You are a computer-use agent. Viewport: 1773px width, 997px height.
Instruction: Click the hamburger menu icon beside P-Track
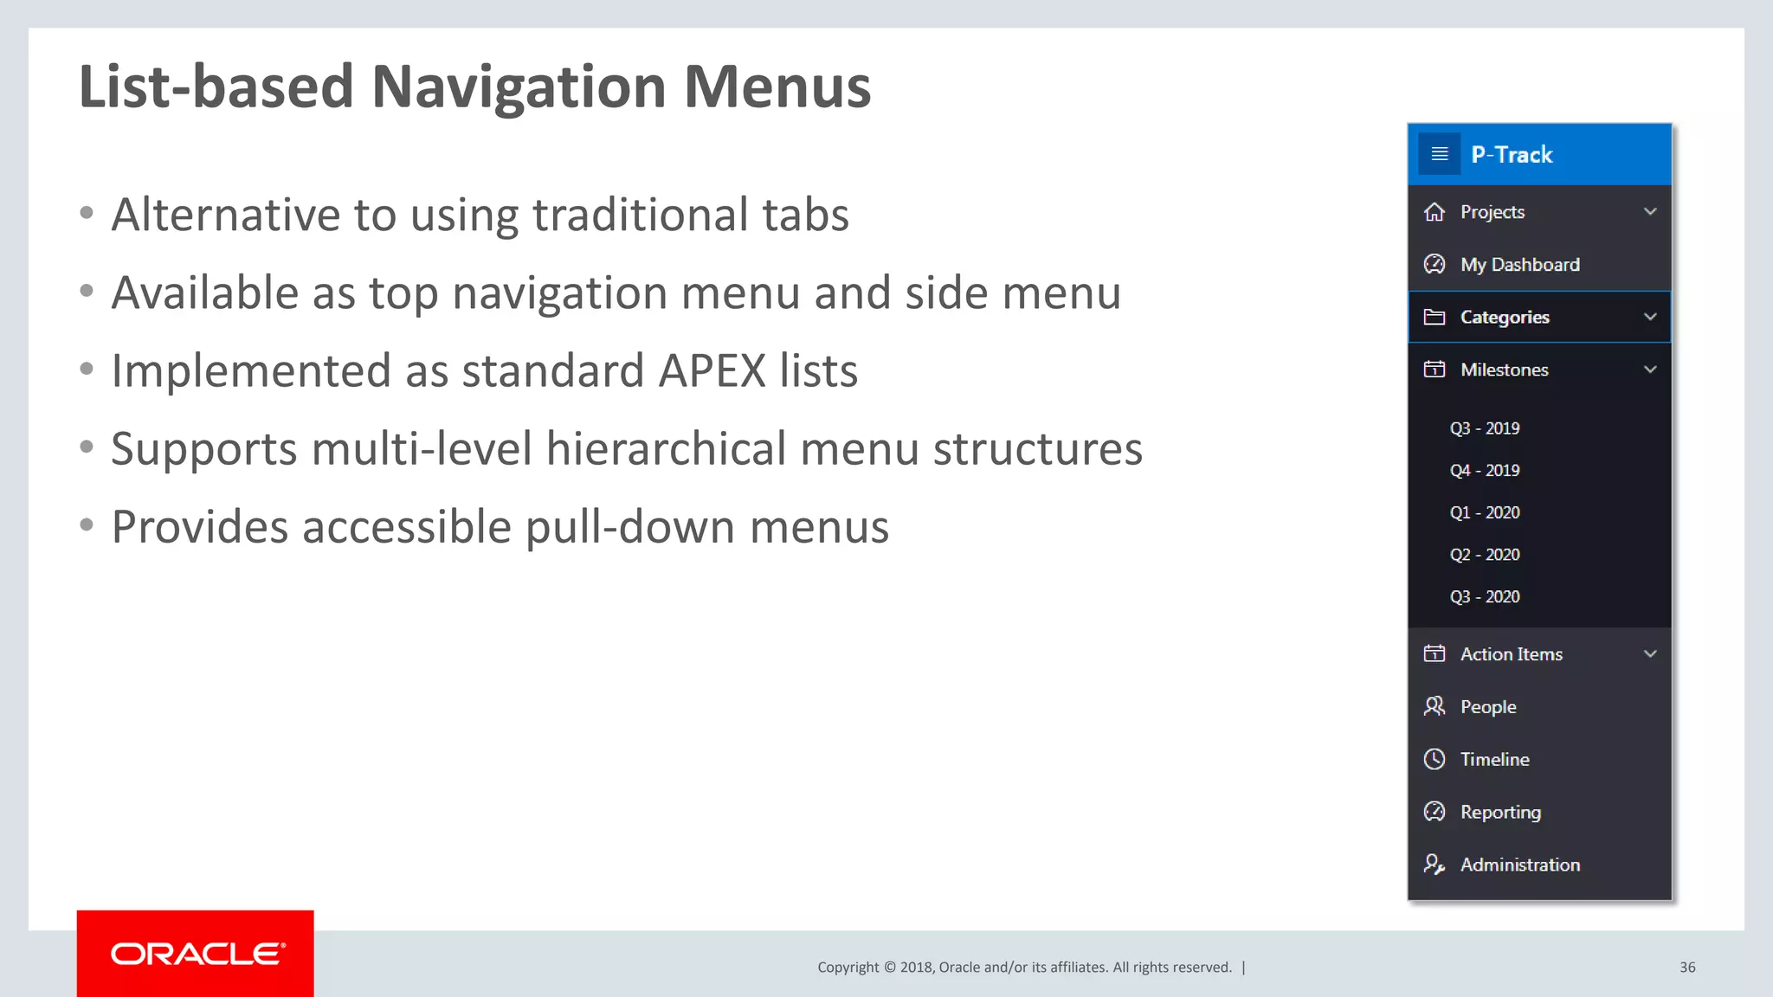1440,154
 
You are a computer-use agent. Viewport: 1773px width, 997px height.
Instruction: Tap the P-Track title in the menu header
1512,155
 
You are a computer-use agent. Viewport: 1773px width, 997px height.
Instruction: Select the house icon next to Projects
1435,212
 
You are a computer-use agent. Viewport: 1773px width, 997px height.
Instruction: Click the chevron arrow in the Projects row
1650,212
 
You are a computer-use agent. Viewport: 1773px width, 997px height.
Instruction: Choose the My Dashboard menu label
1519,265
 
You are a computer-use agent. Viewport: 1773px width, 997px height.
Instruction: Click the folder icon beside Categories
1435,317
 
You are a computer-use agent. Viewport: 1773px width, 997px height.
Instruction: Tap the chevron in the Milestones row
1650,370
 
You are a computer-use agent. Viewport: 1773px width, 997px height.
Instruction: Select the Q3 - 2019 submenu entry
1485,428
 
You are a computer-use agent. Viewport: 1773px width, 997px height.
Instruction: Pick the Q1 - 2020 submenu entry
1485,512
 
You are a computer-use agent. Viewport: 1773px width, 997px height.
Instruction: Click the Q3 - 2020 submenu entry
1485,597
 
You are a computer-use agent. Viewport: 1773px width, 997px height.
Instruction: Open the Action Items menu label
1511,654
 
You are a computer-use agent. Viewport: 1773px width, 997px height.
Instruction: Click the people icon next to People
1435,706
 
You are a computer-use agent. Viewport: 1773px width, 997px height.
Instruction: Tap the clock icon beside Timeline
1435,759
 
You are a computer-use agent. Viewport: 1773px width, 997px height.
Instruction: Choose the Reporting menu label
1500,812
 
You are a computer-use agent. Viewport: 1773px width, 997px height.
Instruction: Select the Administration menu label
1519,865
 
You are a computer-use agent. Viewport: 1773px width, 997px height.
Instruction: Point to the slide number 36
1687,968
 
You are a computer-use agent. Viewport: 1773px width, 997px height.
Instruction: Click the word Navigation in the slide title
519,87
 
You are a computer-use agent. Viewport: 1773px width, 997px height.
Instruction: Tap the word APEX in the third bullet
712,371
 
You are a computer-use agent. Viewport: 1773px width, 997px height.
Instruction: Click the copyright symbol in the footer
889,968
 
